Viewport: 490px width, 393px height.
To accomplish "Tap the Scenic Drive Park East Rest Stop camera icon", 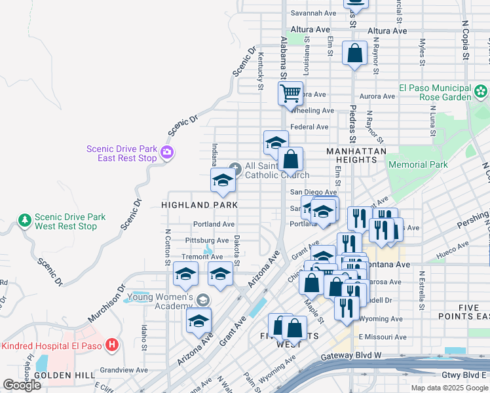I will pyautogui.click(x=167, y=153).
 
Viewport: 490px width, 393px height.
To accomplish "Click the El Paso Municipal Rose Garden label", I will pyautogui.click(x=435, y=92).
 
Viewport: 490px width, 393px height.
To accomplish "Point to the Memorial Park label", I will pyautogui.click(x=418, y=165).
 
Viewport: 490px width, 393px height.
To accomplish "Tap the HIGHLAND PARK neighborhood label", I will pyautogui.click(x=199, y=205).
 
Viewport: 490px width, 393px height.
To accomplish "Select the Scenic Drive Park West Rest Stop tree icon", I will pyautogui.click(x=25, y=221).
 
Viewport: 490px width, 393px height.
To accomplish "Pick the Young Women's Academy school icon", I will pyautogui.click(x=203, y=300).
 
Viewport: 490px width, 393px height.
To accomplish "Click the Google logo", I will pyautogui.click(x=22, y=385).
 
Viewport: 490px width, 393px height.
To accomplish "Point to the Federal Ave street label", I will pyautogui.click(x=309, y=127).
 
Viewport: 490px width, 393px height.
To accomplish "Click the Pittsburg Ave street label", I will pyautogui.click(x=207, y=241).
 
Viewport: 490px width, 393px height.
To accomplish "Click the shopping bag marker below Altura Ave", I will pyautogui.click(x=354, y=54).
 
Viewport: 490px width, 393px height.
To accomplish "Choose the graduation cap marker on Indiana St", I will pyautogui.click(x=223, y=181).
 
